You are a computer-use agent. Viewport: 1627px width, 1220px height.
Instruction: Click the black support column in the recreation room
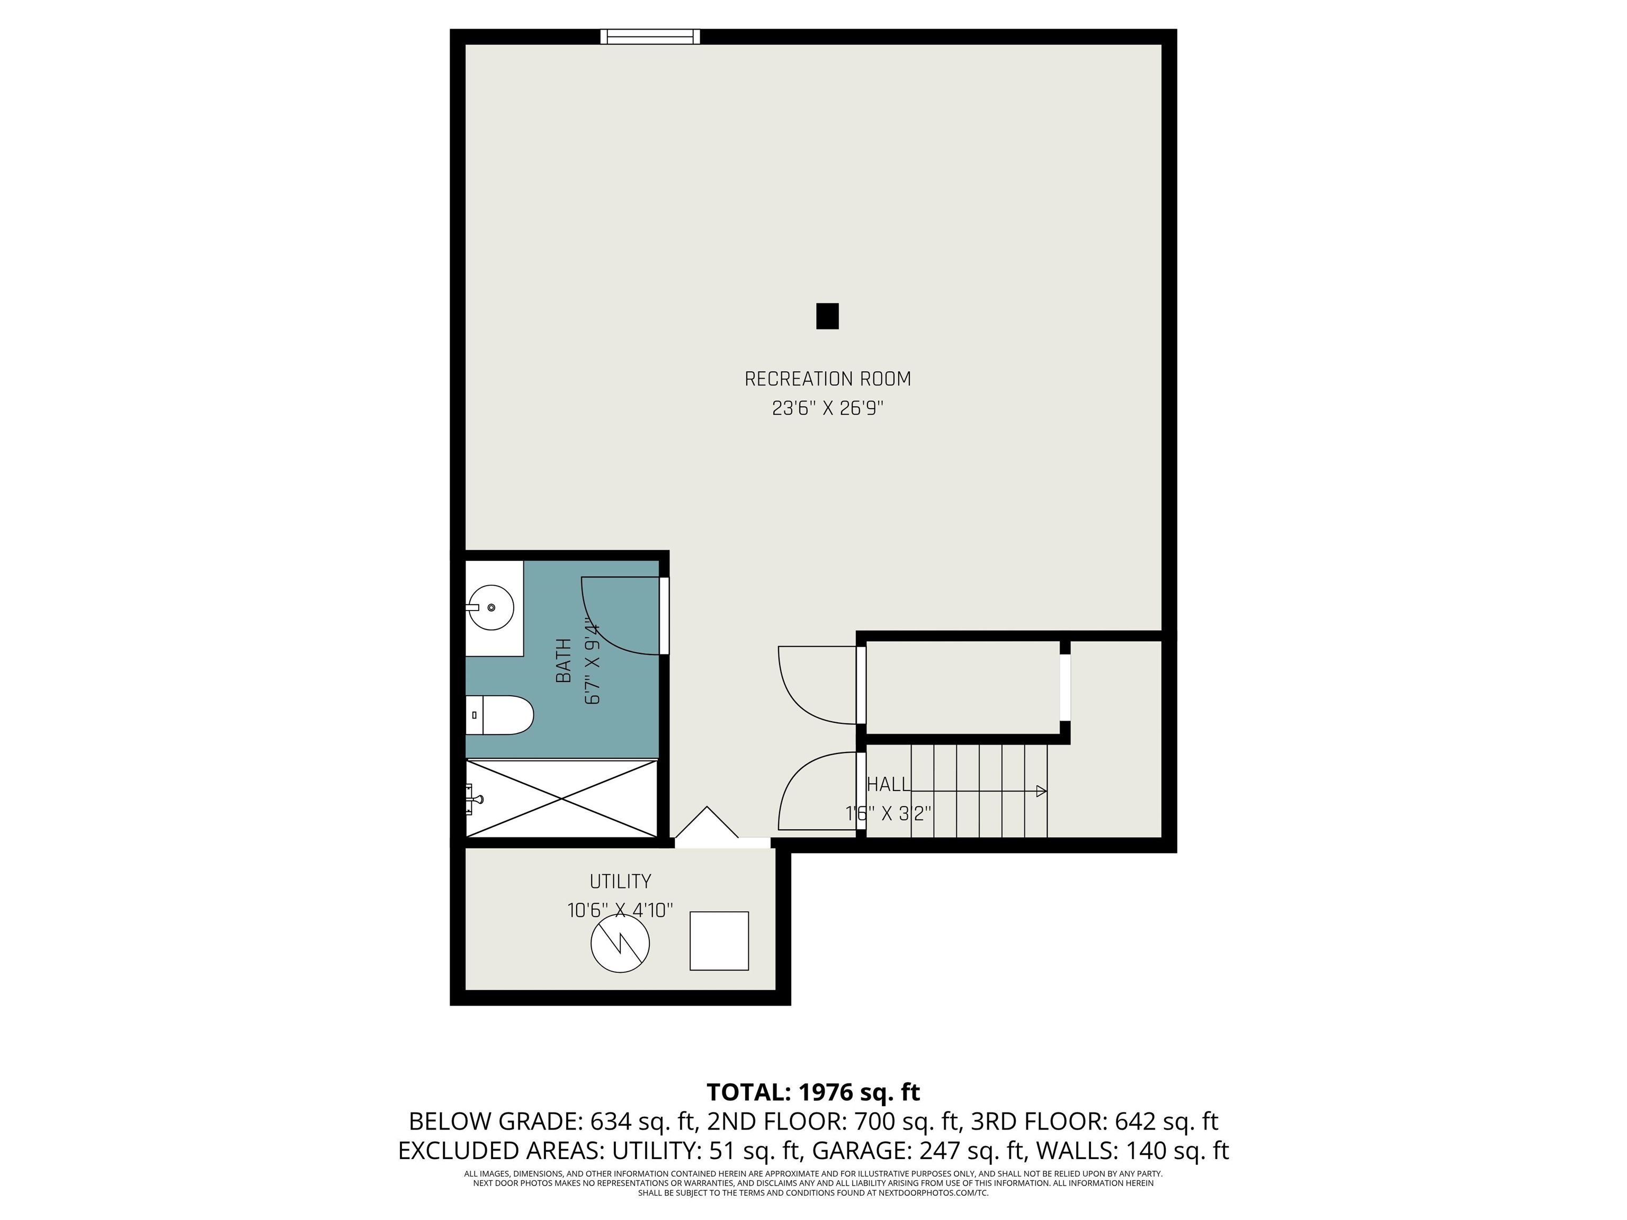(827, 316)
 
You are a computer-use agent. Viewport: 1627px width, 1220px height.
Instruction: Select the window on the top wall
(650, 37)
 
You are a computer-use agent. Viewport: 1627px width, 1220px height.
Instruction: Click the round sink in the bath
(491, 607)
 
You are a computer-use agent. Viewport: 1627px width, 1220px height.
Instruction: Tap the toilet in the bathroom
(499, 715)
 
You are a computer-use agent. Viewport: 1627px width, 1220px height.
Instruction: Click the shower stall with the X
(562, 798)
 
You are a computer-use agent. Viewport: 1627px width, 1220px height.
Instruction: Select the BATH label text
(564, 660)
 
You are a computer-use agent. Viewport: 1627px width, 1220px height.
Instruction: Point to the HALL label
(889, 785)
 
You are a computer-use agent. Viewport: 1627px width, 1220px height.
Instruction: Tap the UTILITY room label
(620, 881)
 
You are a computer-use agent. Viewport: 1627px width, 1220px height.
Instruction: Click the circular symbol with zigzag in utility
(620, 944)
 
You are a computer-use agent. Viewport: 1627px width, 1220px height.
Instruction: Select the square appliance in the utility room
(719, 941)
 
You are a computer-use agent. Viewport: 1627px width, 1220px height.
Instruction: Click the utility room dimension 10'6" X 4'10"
(620, 910)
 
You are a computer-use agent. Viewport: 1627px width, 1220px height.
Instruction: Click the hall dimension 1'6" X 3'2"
(889, 813)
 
